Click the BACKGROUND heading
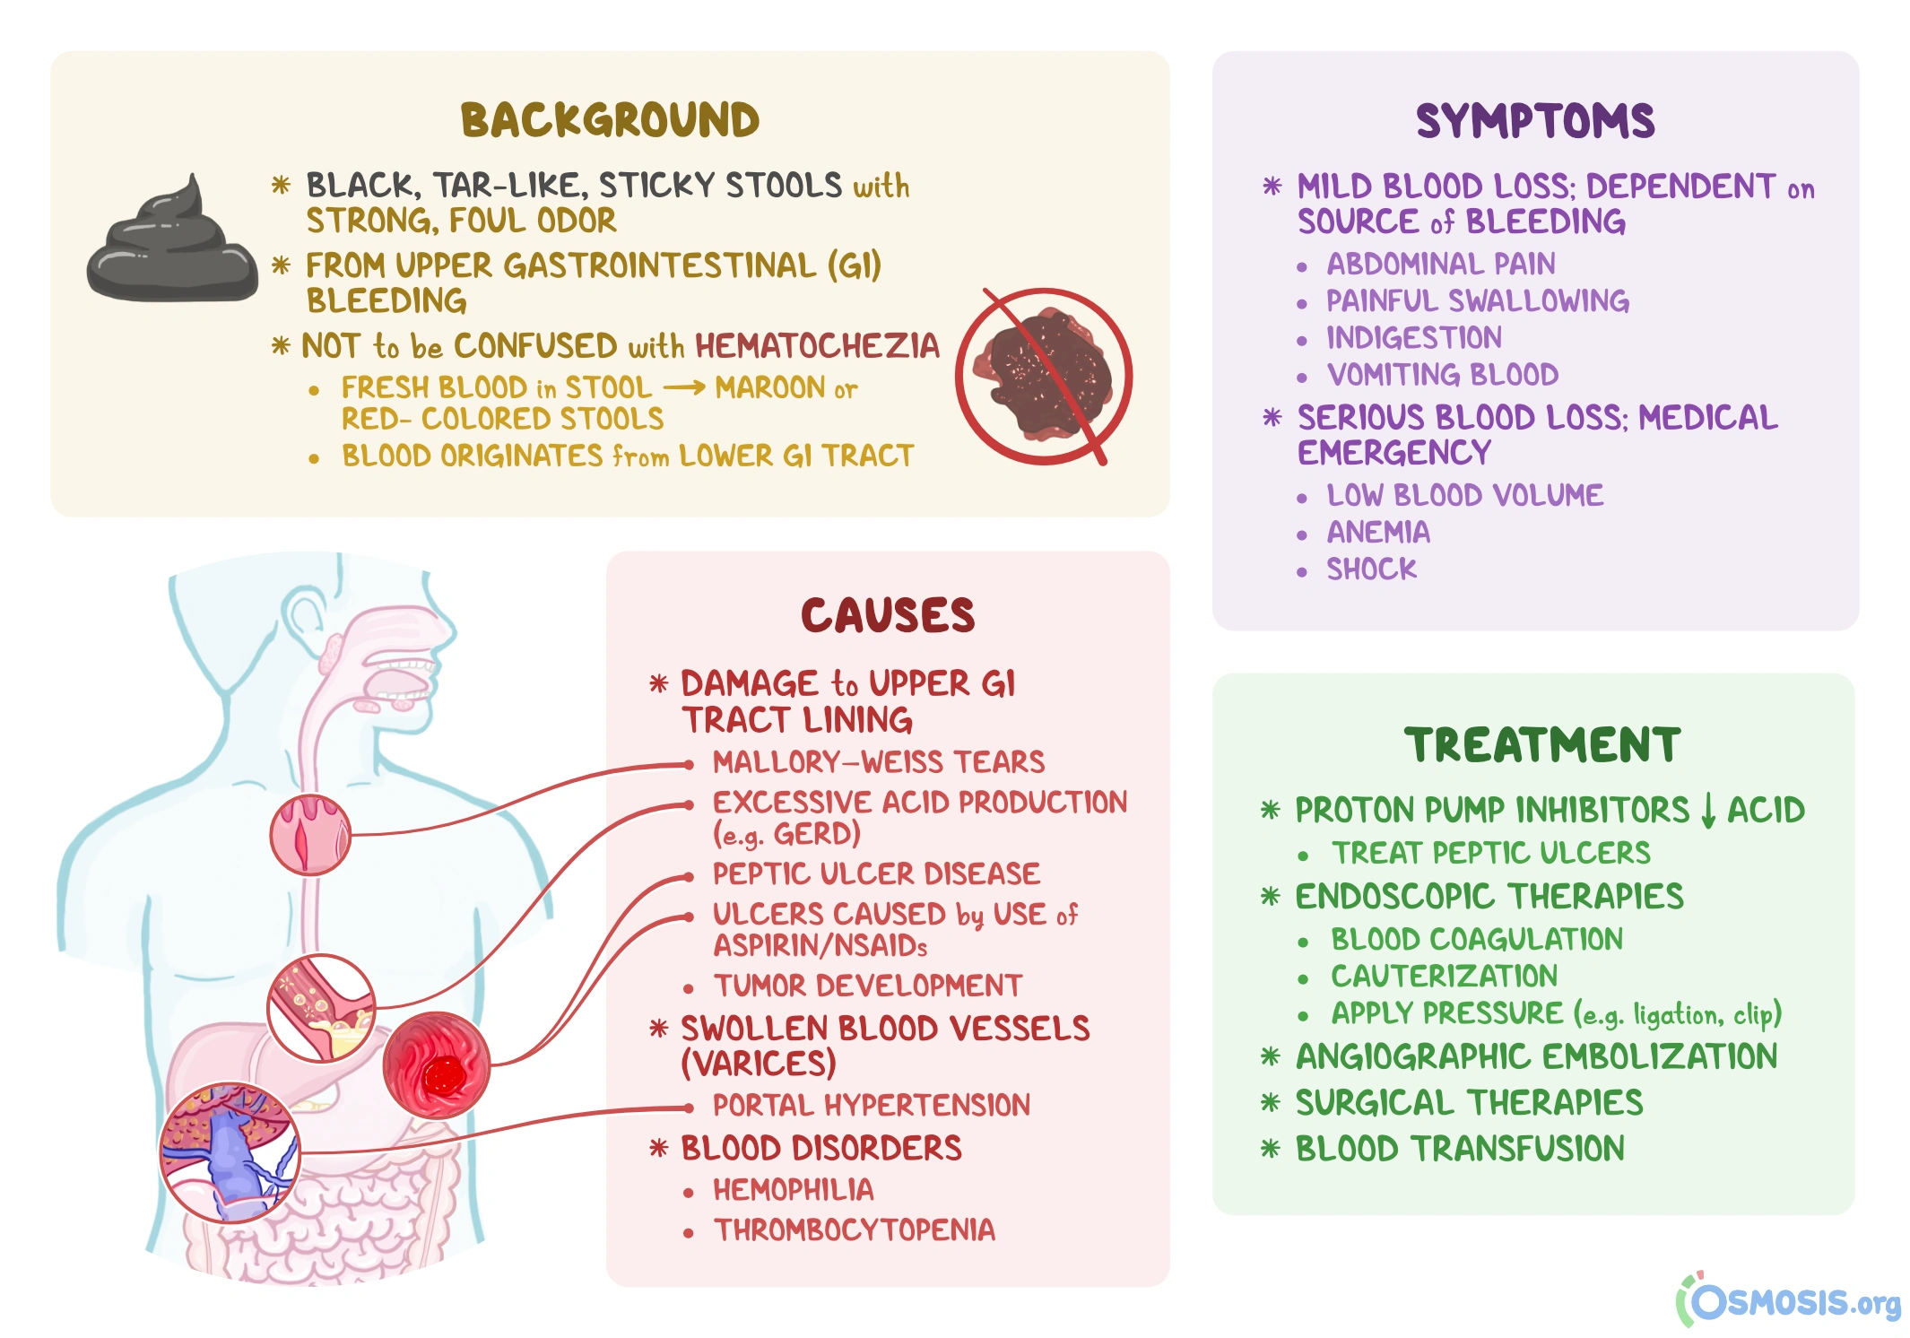coord(610,120)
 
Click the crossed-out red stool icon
coord(1044,377)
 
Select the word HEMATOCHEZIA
coord(817,346)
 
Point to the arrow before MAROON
coord(684,388)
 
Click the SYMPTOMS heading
coord(1534,121)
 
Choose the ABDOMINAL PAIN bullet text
coord(1440,265)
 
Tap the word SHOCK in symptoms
coord(1371,569)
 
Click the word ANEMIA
coord(1378,533)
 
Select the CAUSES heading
coord(887,616)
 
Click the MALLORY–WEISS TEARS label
coord(878,762)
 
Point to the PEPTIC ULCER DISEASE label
coord(876,873)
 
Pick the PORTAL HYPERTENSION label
coord(871,1106)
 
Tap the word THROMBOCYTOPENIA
coord(854,1230)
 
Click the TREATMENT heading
coord(1541,745)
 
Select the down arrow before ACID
coord(1707,811)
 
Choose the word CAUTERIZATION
coord(1444,977)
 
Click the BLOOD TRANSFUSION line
coord(1459,1149)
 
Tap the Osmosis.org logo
coord(1788,1300)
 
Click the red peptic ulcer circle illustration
coord(437,1065)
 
